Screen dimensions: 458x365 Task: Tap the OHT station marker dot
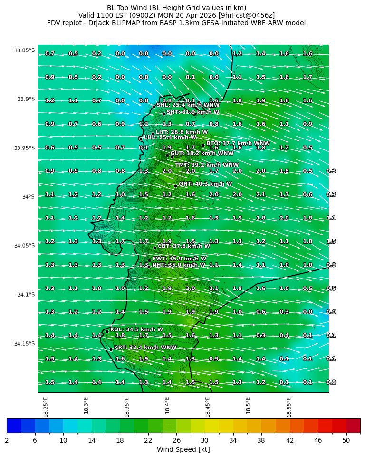[175, 186]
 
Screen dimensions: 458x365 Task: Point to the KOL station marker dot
[107, 331]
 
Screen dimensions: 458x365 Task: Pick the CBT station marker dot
[154, 248]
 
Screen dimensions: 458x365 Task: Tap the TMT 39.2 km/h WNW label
[207, 165]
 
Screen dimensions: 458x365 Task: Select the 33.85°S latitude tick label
[24, 50]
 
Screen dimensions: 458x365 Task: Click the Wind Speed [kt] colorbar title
[183, 449]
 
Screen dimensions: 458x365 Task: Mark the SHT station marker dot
[163, 114]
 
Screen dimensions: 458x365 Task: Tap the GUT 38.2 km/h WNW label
[202, 154]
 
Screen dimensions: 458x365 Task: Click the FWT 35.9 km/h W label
[179, 259]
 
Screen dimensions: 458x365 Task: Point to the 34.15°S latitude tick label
[24, 344]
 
